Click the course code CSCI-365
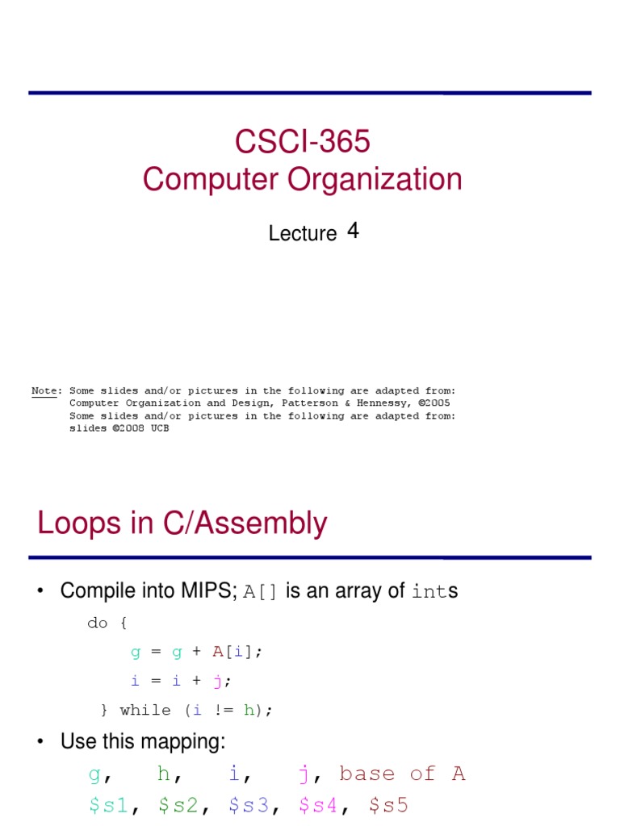303,142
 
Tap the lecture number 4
353,232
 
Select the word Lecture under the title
302,234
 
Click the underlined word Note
44,390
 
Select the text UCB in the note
158,428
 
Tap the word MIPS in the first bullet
207,591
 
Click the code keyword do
97,623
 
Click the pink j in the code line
217,681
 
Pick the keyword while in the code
145,710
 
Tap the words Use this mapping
143,742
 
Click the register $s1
109,804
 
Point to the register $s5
388,804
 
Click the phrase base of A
402,774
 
